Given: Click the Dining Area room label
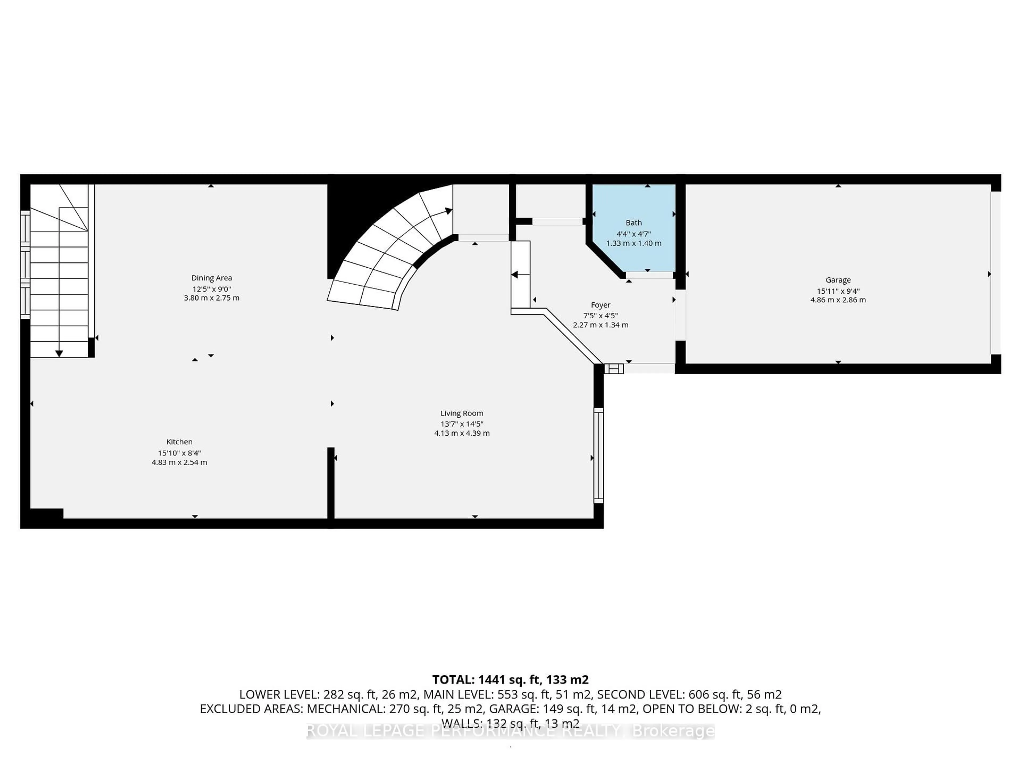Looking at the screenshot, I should [x=211, y=278].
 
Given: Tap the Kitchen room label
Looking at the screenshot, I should [x=179, y=442].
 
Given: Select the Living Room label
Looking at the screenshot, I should [x=462, y=413].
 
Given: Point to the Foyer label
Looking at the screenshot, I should [x=601, y=305].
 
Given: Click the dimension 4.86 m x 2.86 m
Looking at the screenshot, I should [x=838, y=300].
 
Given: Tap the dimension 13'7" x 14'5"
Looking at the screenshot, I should [x=462, y=424].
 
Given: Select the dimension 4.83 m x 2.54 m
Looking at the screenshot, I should [x=179, y=462].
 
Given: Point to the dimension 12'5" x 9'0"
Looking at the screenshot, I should [x=211, y=289].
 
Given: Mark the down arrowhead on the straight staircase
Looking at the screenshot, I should [x=59, y=354].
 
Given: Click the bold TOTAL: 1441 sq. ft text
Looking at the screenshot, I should [x=510, y=680].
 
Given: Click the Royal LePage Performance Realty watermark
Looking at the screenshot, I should [x=510, y=731].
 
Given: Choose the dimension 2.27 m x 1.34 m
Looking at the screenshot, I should [x=601, y=325].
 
